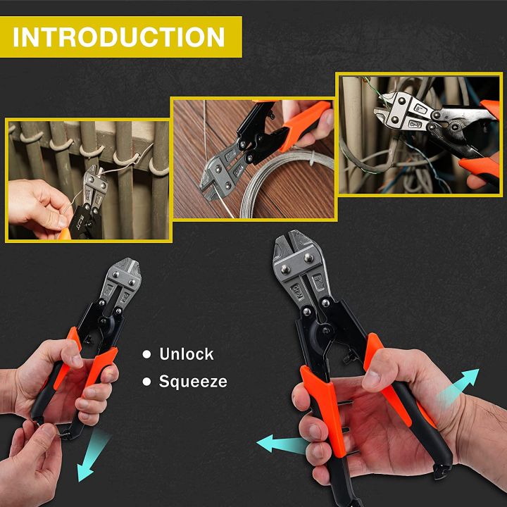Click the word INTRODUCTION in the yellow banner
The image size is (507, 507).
[x=119, y=37]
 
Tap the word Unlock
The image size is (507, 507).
[x=186, y=354]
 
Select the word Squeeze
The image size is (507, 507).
[x=193, y=382]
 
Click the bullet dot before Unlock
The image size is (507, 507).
[x=146, y=355]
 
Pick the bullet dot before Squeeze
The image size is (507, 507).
[x=146, y=382]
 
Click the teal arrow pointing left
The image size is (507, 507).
[x=280, y=444]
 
